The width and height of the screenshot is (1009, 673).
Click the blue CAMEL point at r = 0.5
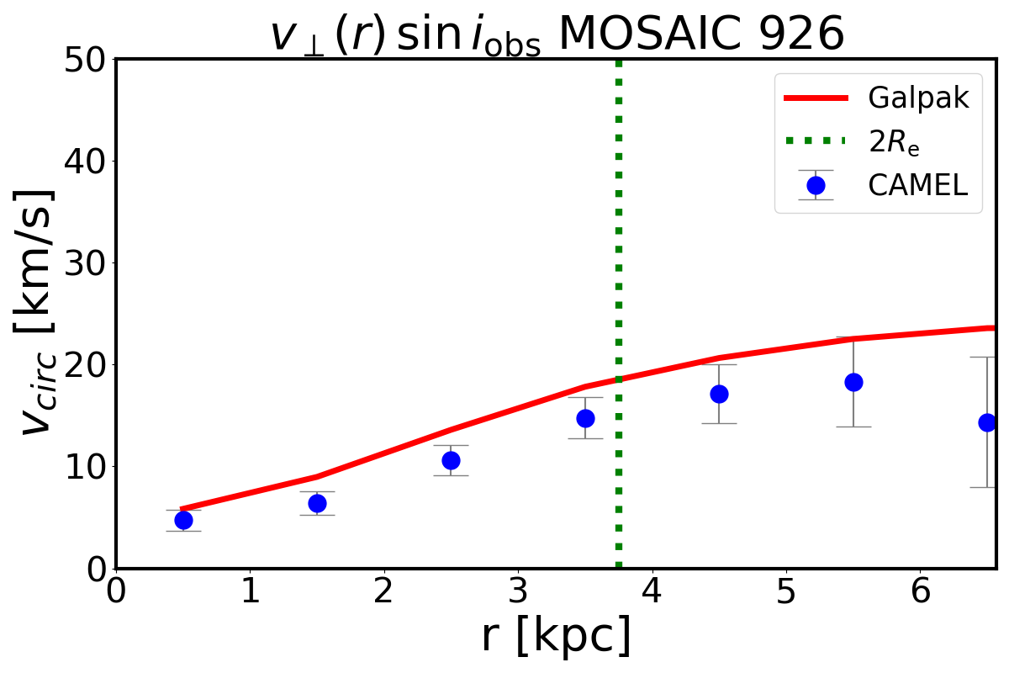coord(183,520)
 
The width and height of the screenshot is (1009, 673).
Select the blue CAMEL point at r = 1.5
coord(317,503)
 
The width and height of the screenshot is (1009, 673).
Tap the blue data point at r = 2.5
coord(451,460)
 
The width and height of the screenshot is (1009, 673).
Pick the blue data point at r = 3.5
coord(585,418)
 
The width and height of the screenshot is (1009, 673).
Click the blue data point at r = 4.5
coord(719,394)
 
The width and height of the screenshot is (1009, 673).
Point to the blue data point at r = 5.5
coord(853,382)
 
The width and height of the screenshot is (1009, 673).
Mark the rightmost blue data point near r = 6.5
coord(987,422)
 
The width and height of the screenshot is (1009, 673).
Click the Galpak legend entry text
coord(919,98)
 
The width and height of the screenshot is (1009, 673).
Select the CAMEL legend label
coord(918,185)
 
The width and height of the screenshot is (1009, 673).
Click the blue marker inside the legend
coord(816,185)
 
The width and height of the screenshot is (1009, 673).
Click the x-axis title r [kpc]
coord(556,637)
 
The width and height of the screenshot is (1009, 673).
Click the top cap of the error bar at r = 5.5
coord(853,337)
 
